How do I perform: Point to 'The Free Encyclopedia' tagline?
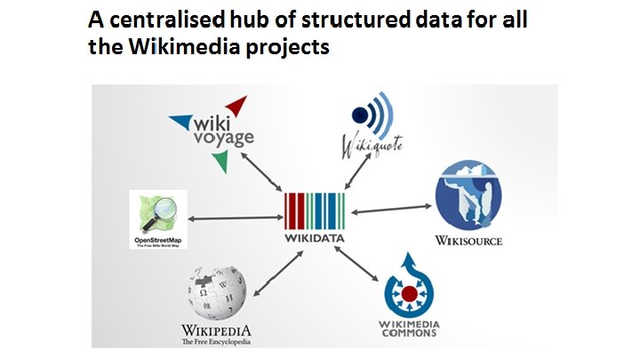click(216, 341)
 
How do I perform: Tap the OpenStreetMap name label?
click(161, 241)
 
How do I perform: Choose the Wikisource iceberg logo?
click(468, 196)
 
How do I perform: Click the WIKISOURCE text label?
click(468, 240)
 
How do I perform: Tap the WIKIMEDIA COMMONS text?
click(410, 328)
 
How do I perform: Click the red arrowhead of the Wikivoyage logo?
click(236, 106)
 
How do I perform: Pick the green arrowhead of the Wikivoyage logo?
click(220, 160)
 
